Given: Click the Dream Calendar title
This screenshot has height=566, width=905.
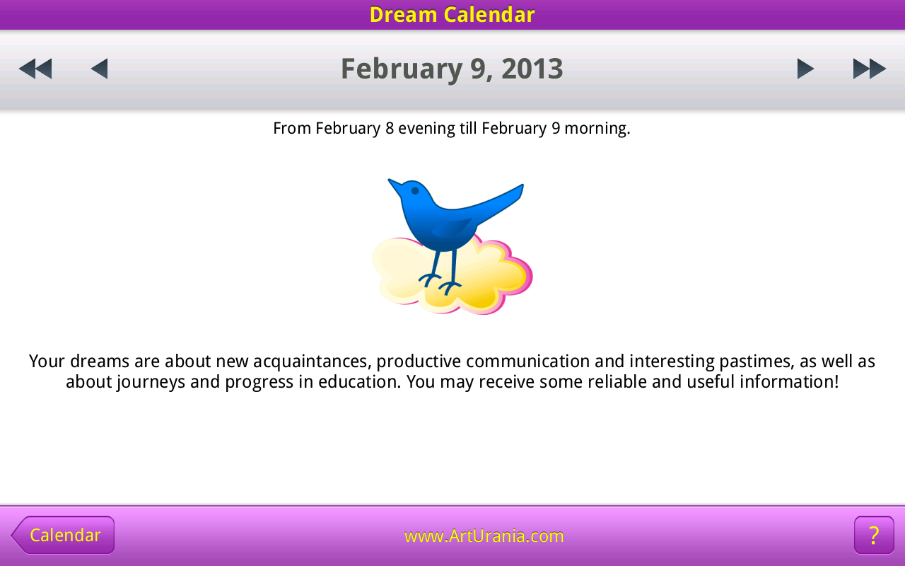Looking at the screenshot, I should (x=452, y=15).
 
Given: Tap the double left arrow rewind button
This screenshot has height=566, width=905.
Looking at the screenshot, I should (x=35, y=69).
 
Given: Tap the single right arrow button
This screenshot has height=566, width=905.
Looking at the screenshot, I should (x=805, y=69).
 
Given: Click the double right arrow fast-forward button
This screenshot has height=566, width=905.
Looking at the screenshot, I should (x=869, y=69).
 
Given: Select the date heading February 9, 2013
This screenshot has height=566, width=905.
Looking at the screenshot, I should (x=452, y=69).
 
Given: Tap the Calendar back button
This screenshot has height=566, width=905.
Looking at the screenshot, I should (x=64, y=535).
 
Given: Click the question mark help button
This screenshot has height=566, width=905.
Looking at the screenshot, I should (x=874, y=535).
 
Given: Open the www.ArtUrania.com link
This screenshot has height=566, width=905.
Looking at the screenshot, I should (x=484, y=536).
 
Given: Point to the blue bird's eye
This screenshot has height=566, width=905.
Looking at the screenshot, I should (x=415, y=190).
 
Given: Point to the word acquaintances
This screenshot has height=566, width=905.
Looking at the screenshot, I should (x=312, y=362).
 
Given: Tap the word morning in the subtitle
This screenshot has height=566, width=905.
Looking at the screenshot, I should (x=597, y=129).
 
